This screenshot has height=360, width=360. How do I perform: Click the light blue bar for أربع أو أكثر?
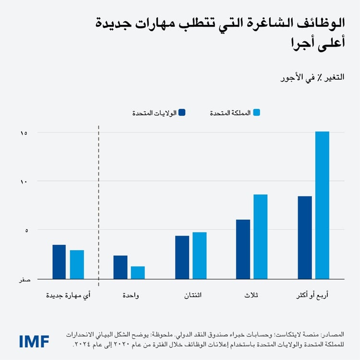[x=322, y=205]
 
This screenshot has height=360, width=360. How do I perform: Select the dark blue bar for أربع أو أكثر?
[x=305, y=237]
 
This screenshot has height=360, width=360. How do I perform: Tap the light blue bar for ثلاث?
[x=261, y=236]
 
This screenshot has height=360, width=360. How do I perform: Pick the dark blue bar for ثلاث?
[x=243, y=249]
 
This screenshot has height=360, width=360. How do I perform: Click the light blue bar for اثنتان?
[x=199, y=255]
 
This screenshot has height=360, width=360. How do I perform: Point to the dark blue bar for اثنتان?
[x=182, y=257]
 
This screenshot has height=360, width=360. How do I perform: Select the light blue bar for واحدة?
[x=138, y=272]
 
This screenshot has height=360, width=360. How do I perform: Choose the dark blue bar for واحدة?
[x=120, y=267]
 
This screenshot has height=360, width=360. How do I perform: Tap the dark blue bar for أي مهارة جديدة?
[x=59, y=262]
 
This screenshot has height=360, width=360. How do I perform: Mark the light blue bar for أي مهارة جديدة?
[x=77, y=264]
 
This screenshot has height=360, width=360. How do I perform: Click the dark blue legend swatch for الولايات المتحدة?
[x=181, y=113]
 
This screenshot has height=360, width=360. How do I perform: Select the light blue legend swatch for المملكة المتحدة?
[x=256, y=113]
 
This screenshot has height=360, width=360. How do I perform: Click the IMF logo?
[x=34, y=341]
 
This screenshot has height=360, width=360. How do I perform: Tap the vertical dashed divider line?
[x=98, y=202]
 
